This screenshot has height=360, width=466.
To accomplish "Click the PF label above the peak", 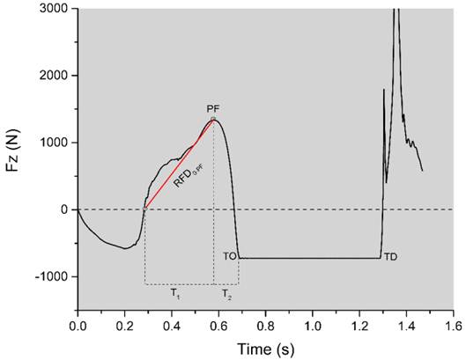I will (213, 109).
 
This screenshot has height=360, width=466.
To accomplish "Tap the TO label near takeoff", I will (229, 256).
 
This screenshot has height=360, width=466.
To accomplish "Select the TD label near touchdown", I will (391, 256).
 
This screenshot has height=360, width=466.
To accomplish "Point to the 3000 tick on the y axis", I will (56, 8).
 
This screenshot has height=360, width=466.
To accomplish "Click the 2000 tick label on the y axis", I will (56, 76).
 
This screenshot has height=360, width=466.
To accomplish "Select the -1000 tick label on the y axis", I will (55, 276).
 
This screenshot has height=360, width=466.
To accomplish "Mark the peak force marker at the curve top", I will (213, 119).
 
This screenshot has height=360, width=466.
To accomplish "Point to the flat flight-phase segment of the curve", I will (308, 257).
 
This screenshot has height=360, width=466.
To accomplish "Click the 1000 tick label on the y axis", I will (56, 143).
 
